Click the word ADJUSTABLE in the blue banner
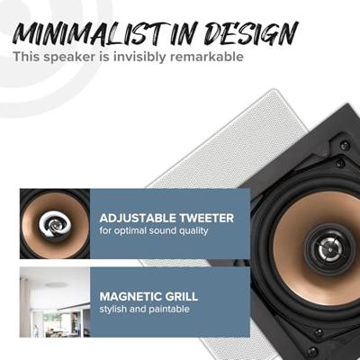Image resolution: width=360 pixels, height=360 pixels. (139, 218)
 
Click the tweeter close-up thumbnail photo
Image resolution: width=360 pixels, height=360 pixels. (54, 223)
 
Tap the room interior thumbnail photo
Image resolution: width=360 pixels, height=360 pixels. (54, 301)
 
